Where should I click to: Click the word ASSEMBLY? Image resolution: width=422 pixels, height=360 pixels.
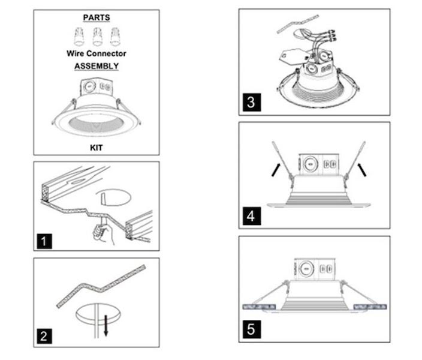coord(97,67)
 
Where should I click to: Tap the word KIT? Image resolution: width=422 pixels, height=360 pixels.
coord(97,146)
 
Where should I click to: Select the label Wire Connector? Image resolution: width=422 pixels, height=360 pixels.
coord(97,53)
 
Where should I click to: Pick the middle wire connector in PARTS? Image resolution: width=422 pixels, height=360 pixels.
coord(97,37)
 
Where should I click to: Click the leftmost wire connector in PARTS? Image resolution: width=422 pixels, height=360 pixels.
coord(79,37)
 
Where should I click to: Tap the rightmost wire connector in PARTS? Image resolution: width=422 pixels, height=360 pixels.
coord(114,37)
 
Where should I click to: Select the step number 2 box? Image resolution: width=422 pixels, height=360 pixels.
coord(44,337)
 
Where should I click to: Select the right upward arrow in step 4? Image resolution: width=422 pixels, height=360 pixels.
coord(361,170)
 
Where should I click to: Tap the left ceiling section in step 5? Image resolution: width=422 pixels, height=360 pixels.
coord(260,307)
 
